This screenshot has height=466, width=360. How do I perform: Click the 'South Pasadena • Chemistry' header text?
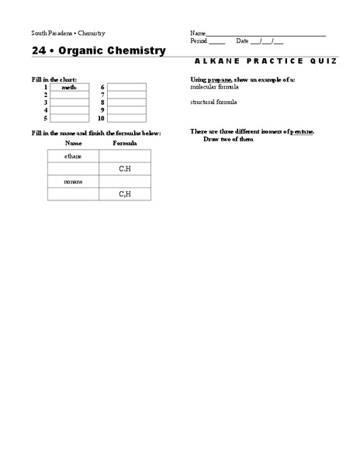click(68, 33)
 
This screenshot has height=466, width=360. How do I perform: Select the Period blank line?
click(217, 41)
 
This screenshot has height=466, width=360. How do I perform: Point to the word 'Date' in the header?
click(242, 41)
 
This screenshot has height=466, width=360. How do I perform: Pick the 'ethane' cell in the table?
click(73, 156)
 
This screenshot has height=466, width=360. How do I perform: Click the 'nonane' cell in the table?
click(73, 181)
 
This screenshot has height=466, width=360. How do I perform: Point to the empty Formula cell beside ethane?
click(125, 156)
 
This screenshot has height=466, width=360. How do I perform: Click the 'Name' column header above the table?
click(73, 144)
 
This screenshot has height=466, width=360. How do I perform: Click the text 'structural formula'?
click(213, 102)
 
